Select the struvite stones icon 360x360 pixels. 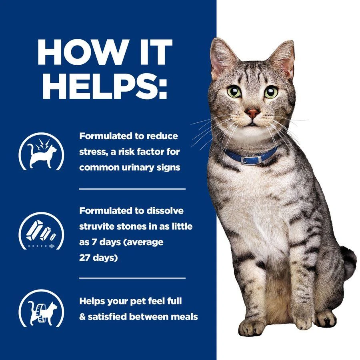pyautogui.click(x=42, y=231)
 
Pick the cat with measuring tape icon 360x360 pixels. pyautogui.click(x=42, y=308)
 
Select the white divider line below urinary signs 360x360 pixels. pyautogui.click(x=132, y=188)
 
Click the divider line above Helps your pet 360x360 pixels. pyautogui.click(x=132, y=277)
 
